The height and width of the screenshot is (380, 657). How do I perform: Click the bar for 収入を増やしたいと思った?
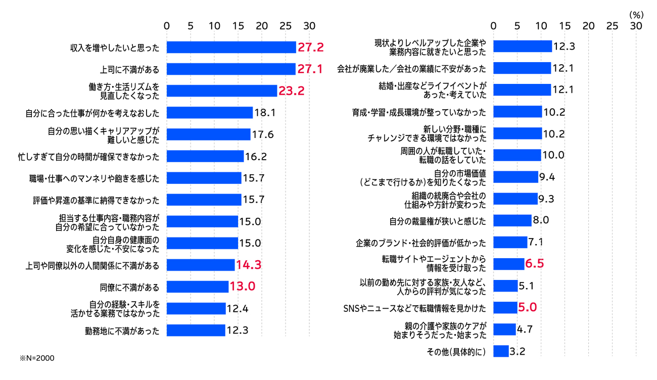(231, 47)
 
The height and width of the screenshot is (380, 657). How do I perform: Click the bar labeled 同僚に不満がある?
(198, 287)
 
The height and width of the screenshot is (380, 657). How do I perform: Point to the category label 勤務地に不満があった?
(122, 331)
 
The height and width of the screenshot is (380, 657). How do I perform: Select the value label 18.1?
(265, 113)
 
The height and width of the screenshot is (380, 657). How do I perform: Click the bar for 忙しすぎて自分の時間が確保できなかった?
(205, 157)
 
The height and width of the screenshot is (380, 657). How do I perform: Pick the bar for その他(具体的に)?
(501, 351)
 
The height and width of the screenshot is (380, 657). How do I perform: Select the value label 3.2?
(518, 351)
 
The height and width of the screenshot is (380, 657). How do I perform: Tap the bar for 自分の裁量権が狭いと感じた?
(512, 220)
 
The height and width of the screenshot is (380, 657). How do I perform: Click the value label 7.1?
(535, 242)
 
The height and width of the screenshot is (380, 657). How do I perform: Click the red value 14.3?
(248, 265)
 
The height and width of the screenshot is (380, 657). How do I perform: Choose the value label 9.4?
(547, 176)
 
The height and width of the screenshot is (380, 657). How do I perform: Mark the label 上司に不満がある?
(130, 69)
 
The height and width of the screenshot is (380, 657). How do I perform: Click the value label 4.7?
(525, 329)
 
